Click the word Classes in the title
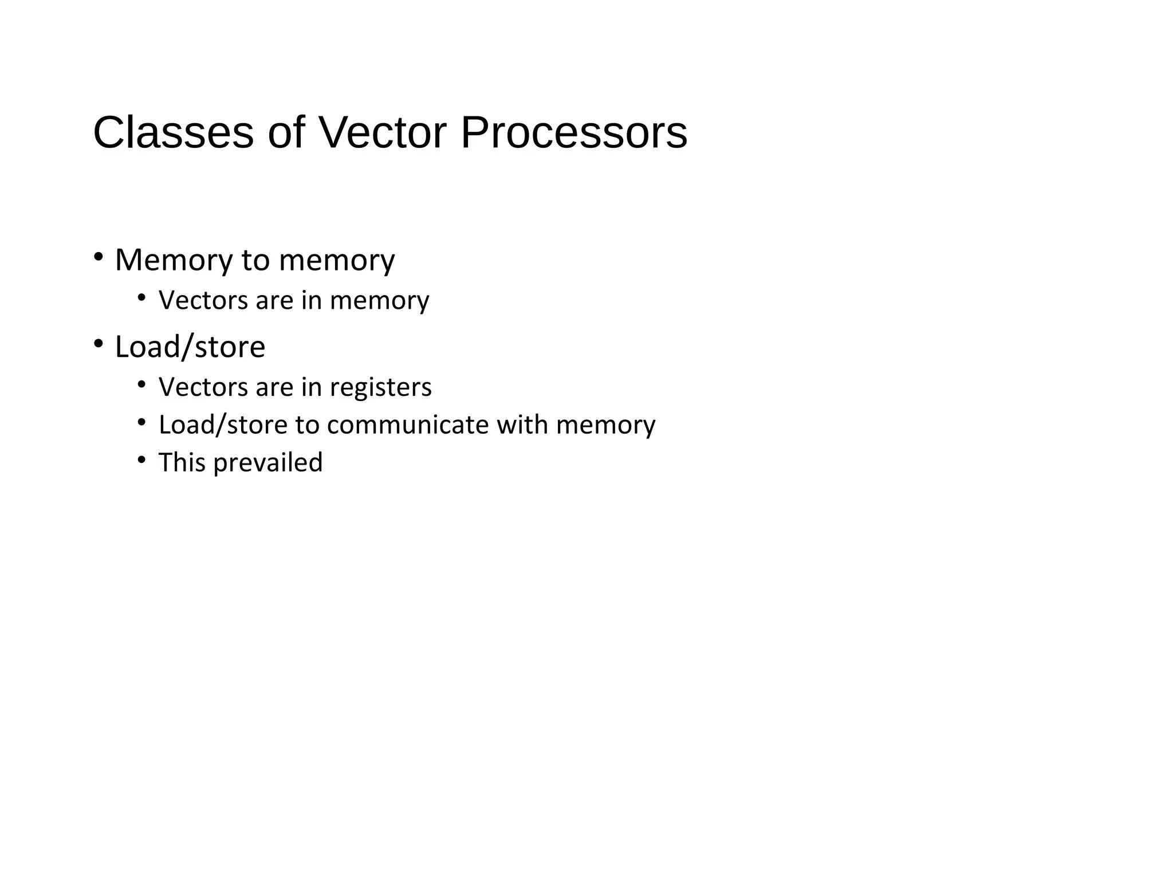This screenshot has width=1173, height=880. tap(173, 132)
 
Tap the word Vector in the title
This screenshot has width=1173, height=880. tap(382, 132)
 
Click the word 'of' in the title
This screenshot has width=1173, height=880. tap(286, 132)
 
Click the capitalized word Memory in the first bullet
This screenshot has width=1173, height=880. tap(174, 260)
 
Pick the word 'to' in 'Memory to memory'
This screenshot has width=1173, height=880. tap(255, 260)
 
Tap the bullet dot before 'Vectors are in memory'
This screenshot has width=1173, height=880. tap(141, 297)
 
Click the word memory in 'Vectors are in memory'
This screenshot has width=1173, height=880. tap(379, 301)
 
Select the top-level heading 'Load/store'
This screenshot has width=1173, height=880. tap(190, 347)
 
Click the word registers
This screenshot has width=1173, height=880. tap(380, 387)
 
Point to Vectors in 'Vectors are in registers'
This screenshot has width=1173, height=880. tap(203, 387)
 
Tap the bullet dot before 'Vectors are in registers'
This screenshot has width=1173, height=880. tap(141, 383)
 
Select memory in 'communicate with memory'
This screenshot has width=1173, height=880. tap(605, 425)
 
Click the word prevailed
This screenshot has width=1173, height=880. tap(267, 463)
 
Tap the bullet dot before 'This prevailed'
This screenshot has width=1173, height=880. tap(141, 459)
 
